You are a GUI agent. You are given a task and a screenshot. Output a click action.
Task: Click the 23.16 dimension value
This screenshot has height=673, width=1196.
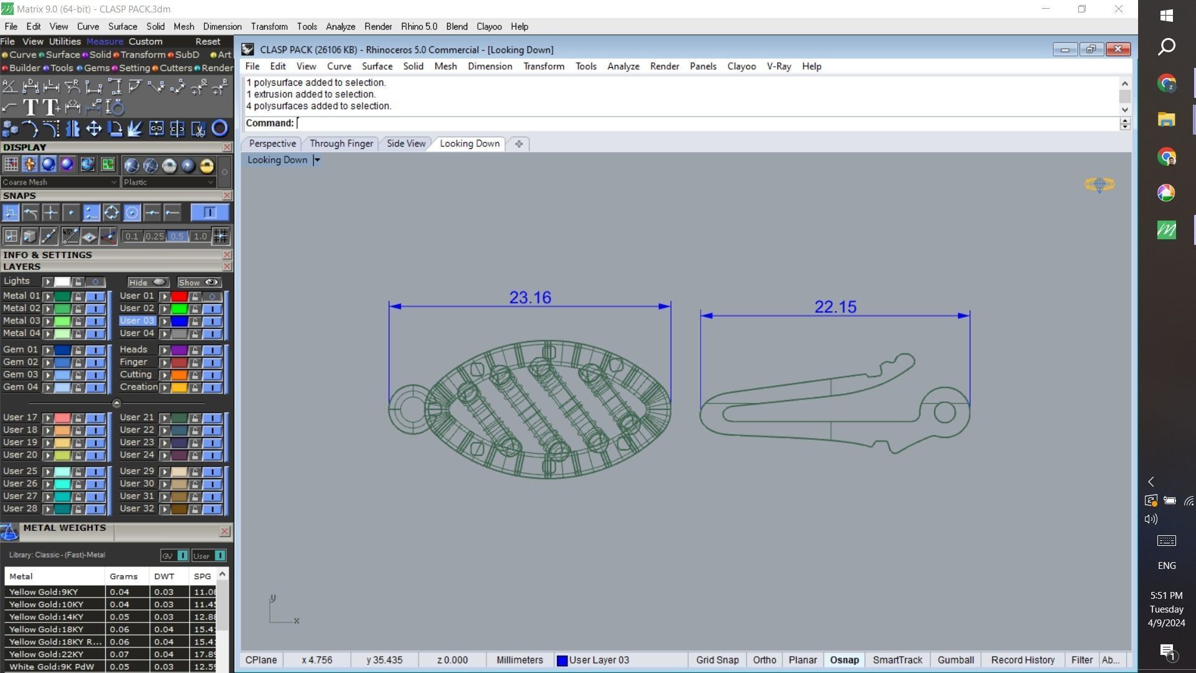pyautogui.click(x=530, y=298)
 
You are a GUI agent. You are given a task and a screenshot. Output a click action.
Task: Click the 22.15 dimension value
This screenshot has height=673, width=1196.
pyautogui.click(x=835, y=307)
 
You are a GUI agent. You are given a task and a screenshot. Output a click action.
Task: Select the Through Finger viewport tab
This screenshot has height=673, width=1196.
pyautogui.click(x=341, y=143)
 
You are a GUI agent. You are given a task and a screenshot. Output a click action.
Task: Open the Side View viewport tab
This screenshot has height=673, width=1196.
pyautogui.click(x=406, y=143)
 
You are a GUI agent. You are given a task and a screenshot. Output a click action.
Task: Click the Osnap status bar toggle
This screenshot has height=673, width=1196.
pyautogui.click(x=844, y=660)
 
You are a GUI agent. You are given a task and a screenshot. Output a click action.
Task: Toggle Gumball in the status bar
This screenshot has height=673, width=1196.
pyautogui.click(x=956, y=660)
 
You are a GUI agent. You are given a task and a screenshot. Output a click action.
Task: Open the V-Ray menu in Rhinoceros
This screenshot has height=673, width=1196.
pyautogui.click(x=779, y=66)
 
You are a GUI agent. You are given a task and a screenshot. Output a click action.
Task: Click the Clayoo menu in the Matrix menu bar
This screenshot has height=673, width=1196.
pyautogui.click(x=489, y=26)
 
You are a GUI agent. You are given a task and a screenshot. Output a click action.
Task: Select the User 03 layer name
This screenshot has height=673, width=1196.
pyautogui.click(x=136, y=321)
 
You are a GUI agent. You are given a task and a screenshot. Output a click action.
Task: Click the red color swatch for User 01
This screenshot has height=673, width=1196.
pyautogui.click(x=179, y=297)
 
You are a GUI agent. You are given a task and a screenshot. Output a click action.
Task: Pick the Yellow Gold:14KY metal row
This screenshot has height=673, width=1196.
pyautogui.click(x=55, y=617)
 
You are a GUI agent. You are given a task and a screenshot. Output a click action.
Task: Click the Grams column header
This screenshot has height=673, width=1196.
pyautogui.click(x=123, y=576)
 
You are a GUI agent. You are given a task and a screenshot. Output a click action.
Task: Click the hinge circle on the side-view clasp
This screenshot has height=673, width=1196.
pyautogui.click(x=945, y=412)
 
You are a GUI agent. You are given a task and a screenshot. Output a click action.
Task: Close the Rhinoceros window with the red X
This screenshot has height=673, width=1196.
pyautogui.click(x=1118, y=49)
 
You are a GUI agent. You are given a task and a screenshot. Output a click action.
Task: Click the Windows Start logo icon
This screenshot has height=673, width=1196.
pyautogui.click(x=1167, y=16)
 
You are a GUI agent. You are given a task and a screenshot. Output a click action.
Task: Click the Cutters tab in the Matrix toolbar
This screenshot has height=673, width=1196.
pyautogui.click(x=176, y=68)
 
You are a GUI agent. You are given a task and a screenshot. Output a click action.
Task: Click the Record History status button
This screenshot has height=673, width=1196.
pyautogui.click(x=1023, y=660)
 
